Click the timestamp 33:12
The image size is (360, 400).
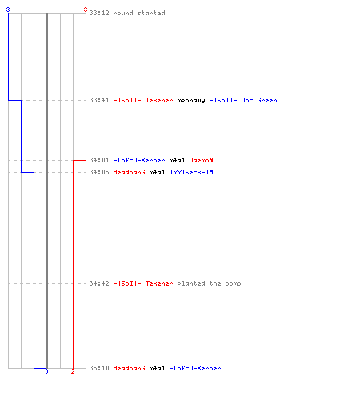[99, 13]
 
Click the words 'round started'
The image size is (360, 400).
[139, 13]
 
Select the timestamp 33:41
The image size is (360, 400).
[99, 100]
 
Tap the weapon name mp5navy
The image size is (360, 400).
[191, 101]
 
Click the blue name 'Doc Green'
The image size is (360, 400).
[259, 100]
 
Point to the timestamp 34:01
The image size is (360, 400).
[99, 160]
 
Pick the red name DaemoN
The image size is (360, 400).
[201, 160]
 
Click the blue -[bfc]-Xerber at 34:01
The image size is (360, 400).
[139, 160]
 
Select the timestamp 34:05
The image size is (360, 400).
[99, 172]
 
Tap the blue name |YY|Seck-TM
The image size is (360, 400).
[192, 172]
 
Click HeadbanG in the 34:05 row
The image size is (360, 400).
[129, 172]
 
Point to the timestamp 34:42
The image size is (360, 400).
[99, 283]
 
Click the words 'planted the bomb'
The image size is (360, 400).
[209, 283]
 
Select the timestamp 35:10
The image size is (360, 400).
[99, 368]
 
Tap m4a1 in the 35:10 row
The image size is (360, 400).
[157, 368]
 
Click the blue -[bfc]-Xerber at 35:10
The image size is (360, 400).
[195, 368]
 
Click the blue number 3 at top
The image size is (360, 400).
[8, 10]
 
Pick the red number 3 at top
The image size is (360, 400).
[86, 10]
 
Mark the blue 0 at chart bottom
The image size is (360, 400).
[46, 371]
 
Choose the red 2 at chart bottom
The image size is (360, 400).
[73, 371]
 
